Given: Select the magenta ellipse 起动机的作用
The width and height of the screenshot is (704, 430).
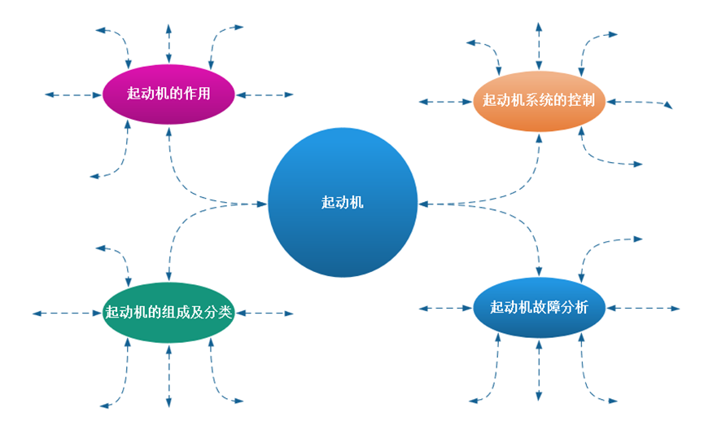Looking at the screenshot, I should tap(168, 94).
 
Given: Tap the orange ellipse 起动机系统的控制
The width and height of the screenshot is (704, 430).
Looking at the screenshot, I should tap(539, 101).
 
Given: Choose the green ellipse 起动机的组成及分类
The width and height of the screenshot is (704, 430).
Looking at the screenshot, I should tap(168, 312).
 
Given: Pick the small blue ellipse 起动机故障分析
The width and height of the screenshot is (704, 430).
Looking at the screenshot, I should tap(539, 308).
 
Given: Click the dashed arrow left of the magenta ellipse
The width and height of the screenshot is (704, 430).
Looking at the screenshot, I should tap(73, 95).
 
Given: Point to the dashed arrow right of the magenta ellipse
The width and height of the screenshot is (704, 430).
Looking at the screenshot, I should tap(265, 94).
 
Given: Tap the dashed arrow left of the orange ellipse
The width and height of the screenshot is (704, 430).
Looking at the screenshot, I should tap(446, 102).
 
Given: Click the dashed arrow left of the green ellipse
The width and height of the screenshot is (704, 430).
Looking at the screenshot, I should tap(67, 313).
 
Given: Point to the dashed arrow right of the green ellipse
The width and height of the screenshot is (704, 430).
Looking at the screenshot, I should tap(265, 313).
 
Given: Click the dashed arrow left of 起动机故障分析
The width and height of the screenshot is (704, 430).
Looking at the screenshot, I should tap(446, 308).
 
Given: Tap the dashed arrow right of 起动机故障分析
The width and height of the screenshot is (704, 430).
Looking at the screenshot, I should tap(643, 308).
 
